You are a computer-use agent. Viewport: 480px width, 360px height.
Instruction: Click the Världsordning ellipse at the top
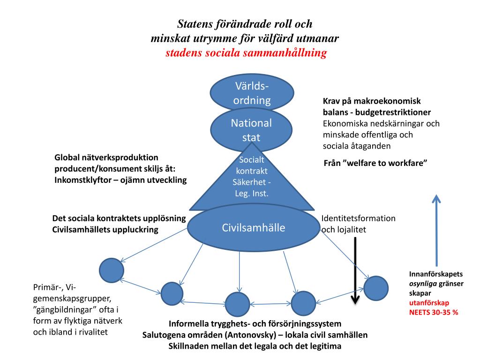(252, 93)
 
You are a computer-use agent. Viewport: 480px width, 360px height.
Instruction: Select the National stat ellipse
(251, 130)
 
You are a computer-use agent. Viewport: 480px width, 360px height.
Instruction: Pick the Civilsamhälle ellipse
(253, 228)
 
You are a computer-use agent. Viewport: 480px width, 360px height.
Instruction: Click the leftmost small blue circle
(112, 270)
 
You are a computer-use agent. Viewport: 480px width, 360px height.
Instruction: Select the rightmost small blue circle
(376, 288)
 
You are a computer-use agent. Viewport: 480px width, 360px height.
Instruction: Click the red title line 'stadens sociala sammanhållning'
(246, 53)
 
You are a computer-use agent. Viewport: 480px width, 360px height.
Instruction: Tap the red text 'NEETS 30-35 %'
(434, 312)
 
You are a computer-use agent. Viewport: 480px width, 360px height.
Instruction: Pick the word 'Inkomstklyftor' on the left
(82, 180)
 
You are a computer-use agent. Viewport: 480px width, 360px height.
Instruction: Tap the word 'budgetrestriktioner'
(393, 112)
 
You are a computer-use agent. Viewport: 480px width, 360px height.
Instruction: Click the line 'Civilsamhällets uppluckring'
(105, 230)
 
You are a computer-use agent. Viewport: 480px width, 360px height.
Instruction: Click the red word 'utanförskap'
(429, 303)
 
